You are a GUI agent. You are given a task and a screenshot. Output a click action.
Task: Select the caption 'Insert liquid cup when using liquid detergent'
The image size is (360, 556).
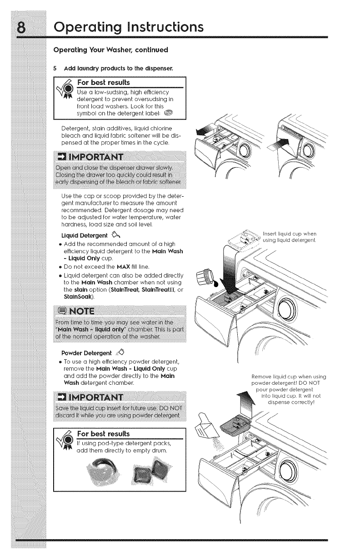pyautogui.click(x=294, y=237)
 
